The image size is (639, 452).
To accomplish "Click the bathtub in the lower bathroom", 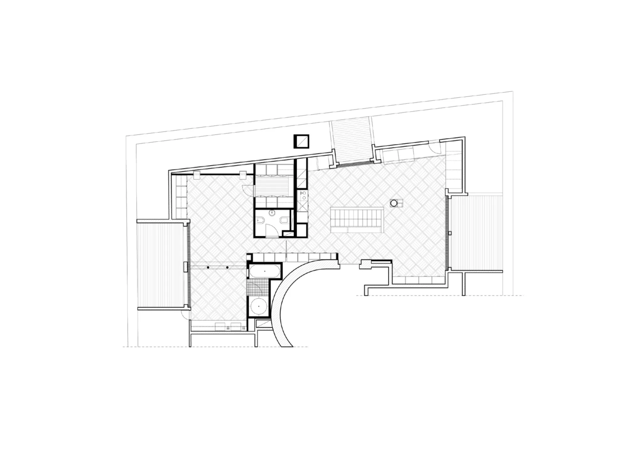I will [x=265, y=271].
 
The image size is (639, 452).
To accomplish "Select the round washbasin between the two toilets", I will [x=272, y=212].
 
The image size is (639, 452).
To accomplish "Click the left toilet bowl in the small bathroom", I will [x=260, y=221].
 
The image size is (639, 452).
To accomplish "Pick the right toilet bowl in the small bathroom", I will [x=284, y=221].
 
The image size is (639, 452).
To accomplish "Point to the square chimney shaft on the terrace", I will [x=301, y=141].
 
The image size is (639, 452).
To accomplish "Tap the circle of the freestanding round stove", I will [x=394, y=203].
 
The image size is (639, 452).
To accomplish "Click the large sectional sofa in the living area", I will [x=357, y=220].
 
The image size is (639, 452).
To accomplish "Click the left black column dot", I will [x=208, y=267].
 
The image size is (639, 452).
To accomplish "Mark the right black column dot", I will [x=227, y=267].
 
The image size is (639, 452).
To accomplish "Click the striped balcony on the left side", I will [x=161, y=265].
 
